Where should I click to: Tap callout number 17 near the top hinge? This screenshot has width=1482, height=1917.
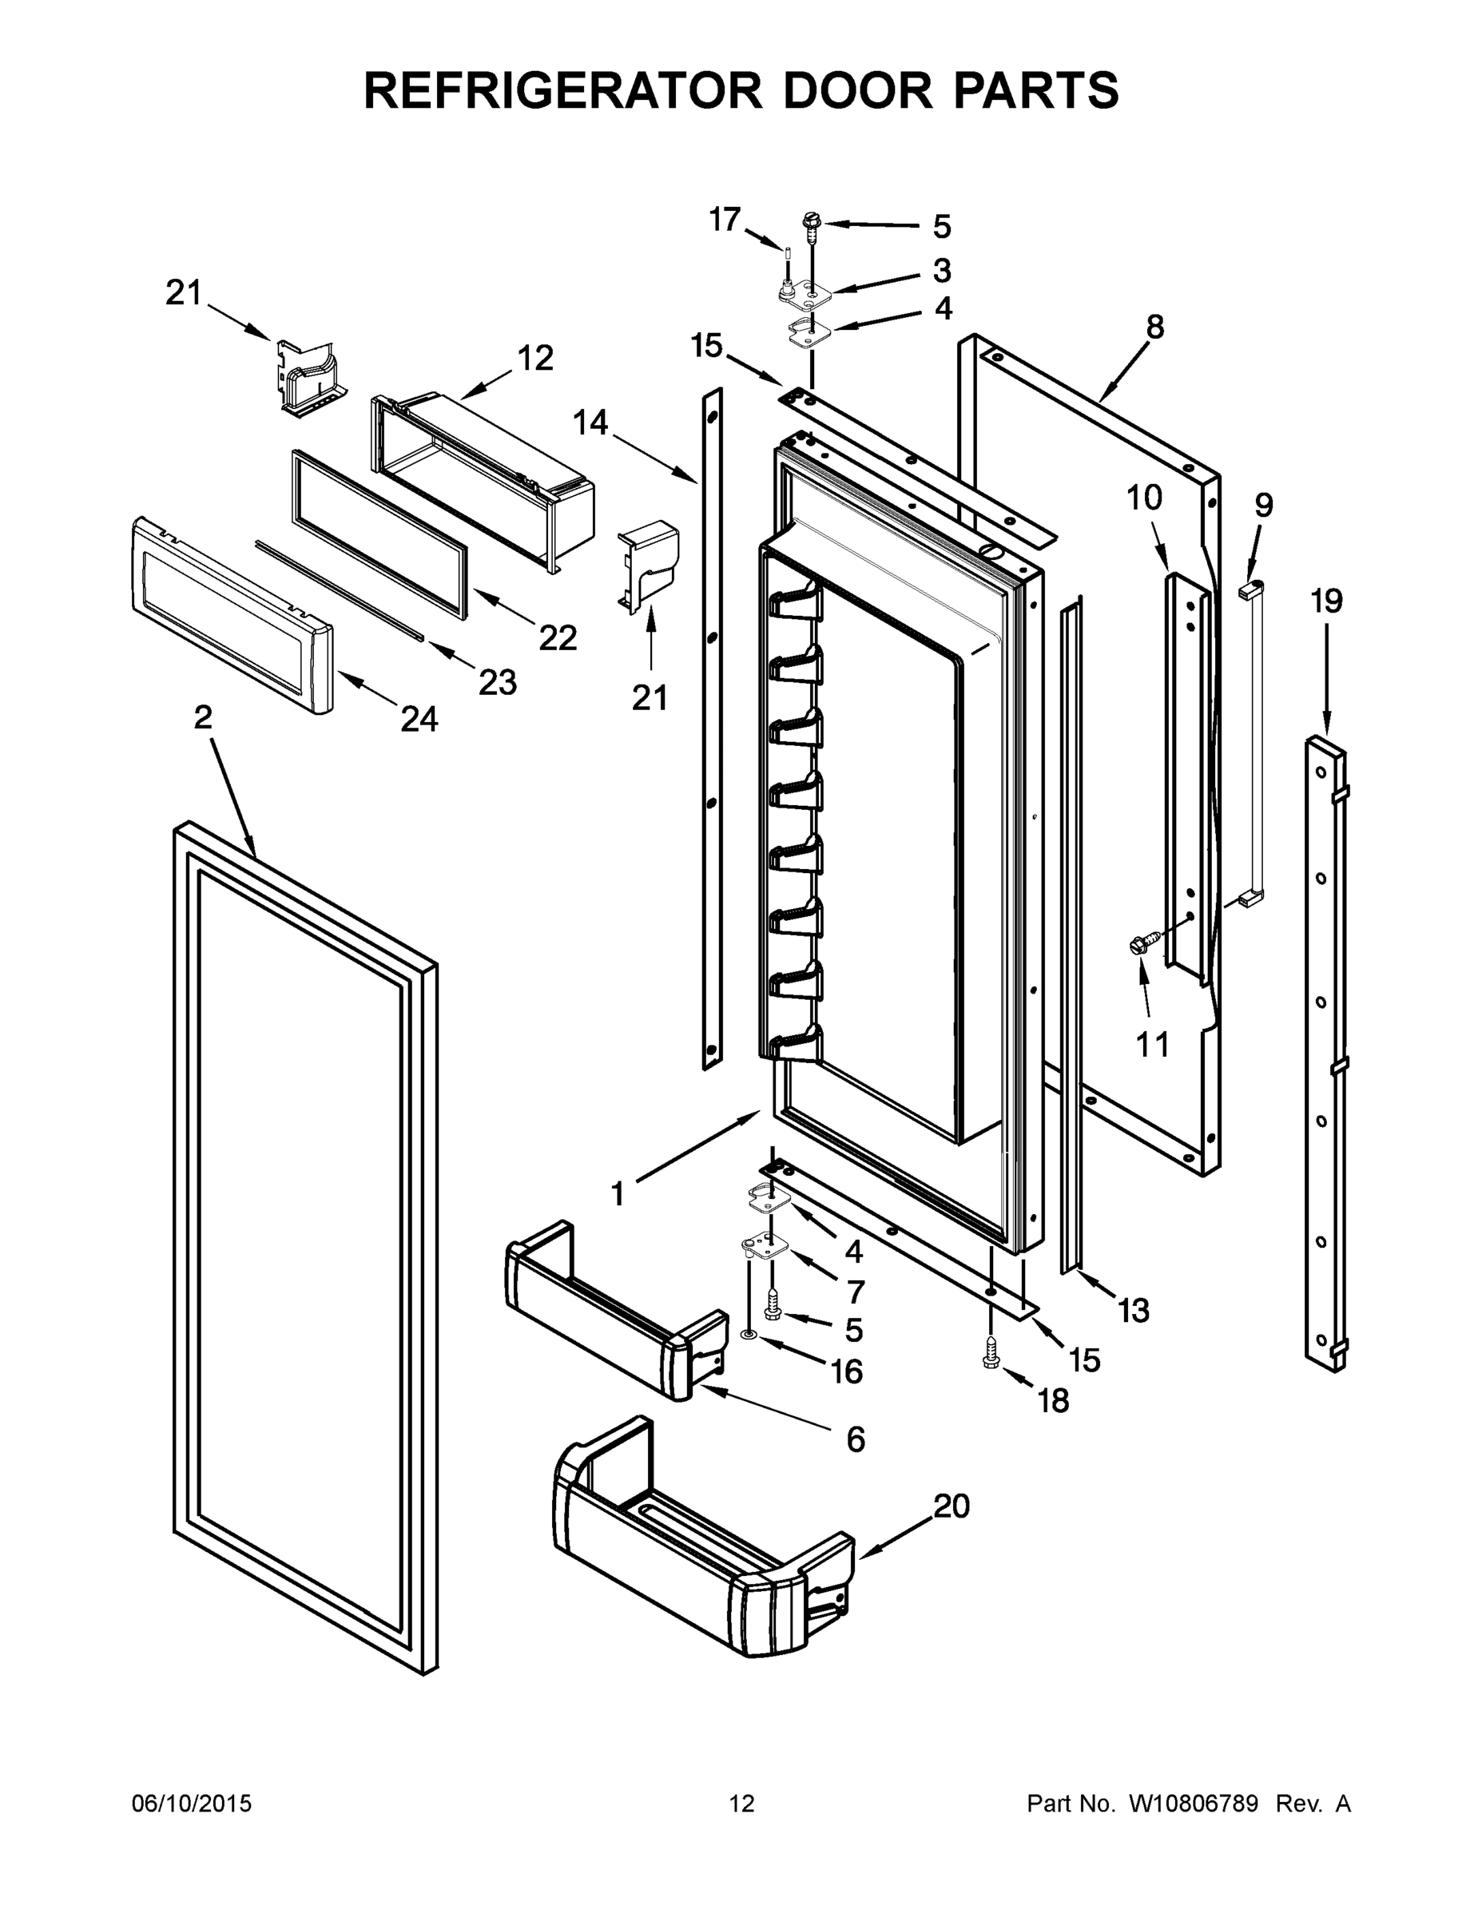(725, 220)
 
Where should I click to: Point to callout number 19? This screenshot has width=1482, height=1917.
(1325, 602)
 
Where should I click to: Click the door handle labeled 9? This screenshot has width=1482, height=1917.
(1253, 746)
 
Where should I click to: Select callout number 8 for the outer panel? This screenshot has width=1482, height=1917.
(1154, 327)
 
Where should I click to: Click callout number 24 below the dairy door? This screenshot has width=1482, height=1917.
(419, 720)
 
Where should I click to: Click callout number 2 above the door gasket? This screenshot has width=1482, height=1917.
(203, 718)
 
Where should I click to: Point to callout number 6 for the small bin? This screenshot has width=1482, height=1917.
(855, 1439)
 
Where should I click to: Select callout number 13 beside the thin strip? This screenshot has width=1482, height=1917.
(1134, 1311)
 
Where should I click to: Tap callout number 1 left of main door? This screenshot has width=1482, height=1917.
(618, 1194)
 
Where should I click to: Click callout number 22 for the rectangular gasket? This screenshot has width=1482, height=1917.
(558, 638)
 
